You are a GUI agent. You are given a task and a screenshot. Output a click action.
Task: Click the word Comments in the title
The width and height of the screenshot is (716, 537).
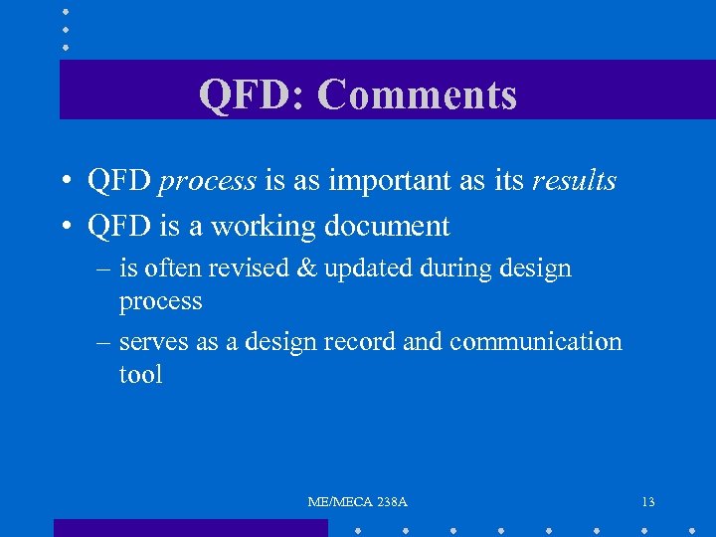coord(418,95)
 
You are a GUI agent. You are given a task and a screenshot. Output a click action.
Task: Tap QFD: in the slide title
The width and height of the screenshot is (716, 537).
coord(253,95)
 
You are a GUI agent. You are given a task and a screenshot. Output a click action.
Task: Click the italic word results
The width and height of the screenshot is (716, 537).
coord(574,182)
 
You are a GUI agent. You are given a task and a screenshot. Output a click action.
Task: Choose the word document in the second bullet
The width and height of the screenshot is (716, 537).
coord(388,227)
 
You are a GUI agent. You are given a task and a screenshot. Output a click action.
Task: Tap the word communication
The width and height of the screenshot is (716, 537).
coord(535,342)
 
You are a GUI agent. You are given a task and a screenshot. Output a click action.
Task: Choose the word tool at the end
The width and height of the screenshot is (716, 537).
coord(140,375)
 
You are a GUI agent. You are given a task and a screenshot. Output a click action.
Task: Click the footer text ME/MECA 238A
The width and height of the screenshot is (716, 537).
coord(357,502)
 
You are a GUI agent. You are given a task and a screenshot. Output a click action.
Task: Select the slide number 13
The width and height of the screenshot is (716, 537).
coord(648,502)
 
